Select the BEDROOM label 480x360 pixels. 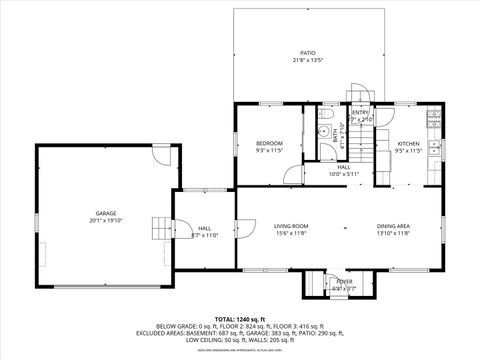click(269, 144)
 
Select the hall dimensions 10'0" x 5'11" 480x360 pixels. click(344, 174)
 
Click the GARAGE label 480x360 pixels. click(106, 213)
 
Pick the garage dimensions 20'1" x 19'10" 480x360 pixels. click(106, 220)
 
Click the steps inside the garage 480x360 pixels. click(160, 229)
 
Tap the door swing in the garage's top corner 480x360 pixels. click(161, 156)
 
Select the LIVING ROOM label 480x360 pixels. click(291, 226)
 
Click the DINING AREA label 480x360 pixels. click(393, 226)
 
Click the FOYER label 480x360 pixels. click(344, 282)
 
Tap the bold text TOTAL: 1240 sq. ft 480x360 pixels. click(240, 318)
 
